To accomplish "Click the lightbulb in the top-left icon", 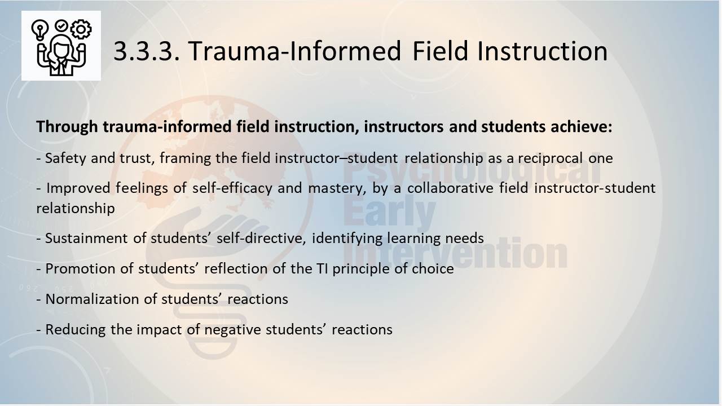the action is [x=39, y=30].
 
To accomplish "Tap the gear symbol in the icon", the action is [x=81, y=29].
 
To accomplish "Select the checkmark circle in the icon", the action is [x=61, y=25].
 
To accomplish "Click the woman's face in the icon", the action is [x=60, y=48].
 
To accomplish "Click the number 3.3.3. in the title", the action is [x=147, y=51].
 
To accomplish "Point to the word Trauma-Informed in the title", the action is [x=294, y=51].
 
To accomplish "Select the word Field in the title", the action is [x=440, y=50].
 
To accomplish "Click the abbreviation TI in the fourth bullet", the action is [x=322, y=269].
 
